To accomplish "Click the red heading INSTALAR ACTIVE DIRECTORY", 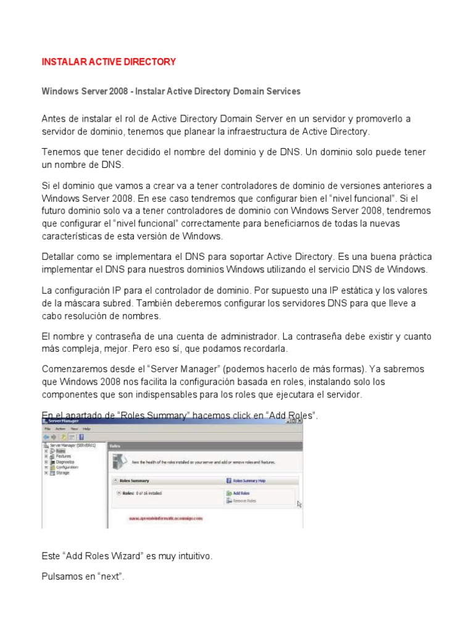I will pos(109,62).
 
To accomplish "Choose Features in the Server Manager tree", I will pos(64,456).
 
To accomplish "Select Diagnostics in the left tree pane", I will pos(65,462).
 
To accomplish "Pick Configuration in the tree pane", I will pos(67,467).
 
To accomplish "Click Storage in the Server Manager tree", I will pos(64,473).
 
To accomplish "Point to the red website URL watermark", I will pos(166,519).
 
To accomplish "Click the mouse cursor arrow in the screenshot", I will pos(299,504).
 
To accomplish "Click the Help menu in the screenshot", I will pos(86,428).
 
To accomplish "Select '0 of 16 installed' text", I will pos(148,493).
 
